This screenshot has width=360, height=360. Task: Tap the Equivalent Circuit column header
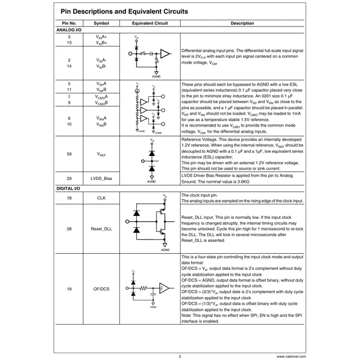pos(150,23)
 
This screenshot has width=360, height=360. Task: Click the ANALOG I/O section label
pos(69,30)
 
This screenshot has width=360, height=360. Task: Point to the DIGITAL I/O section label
pos(69,188)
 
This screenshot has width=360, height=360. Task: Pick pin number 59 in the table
pos(69,154)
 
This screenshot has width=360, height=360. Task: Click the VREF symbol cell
pos(101,154)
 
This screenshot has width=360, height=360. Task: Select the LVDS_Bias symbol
pos(101,178)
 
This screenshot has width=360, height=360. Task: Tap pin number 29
pos(69,178)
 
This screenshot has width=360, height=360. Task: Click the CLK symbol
pos(101,198)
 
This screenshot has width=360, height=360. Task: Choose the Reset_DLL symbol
pos(101,229)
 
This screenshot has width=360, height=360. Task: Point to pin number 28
pos(69,229)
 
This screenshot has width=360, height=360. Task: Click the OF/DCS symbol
pos(101,289)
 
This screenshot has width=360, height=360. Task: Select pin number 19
pos(69,289)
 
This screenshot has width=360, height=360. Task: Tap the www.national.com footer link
pos(291,356)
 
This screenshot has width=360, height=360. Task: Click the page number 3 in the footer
pos(180,356)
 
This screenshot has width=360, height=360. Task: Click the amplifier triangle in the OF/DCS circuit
pos(165,289)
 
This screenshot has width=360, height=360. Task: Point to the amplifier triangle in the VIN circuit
pos(165,54)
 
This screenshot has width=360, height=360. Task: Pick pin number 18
pos(69,198)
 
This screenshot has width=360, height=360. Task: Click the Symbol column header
pos(101,23)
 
